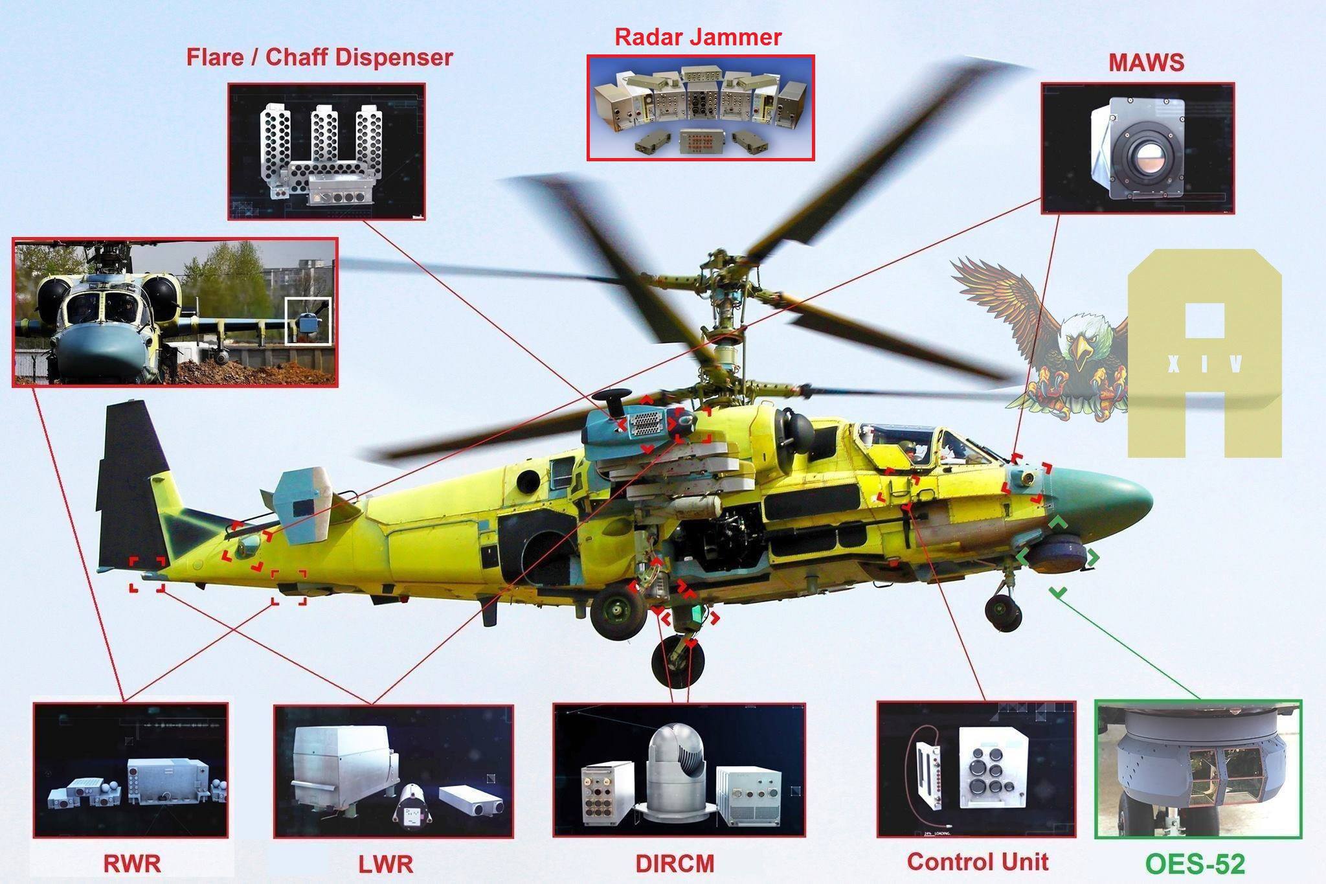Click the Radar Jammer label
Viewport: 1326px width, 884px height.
pos(698,37)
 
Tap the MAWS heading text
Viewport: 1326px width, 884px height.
pos(1146,62)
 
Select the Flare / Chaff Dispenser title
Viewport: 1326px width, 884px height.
pos(319,57)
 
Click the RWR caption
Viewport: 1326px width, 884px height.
pos(131,863)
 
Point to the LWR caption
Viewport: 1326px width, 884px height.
pos(386,864)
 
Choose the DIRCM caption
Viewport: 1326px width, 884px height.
pos(675,863)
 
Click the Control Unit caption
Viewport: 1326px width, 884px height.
pos(978,861)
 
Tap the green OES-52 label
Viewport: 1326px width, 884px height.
pos(1195,864)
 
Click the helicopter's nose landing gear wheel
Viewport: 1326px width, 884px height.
pos(1003,612)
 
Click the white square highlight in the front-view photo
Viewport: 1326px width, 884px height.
pos(308,321)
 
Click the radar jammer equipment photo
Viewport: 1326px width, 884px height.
pos(701,108)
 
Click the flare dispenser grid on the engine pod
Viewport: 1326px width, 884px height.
pos(646,424)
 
